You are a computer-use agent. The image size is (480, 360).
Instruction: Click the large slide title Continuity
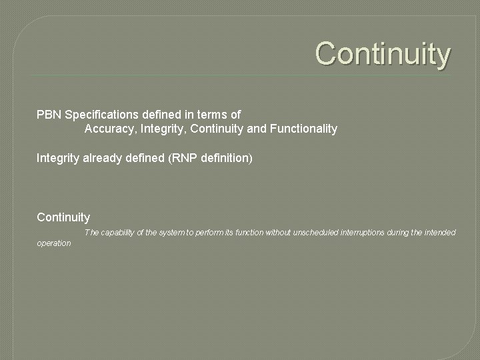[383, 54]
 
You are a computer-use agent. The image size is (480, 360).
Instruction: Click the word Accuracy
[111, 129]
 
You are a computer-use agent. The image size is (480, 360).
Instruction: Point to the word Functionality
[303, 129]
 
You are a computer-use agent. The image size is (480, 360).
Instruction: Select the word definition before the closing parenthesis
[223, 159]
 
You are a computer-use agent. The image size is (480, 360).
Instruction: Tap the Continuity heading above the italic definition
[63, 217]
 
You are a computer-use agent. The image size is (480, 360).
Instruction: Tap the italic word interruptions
[363, 233]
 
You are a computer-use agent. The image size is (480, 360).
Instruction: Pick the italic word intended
[440, 233]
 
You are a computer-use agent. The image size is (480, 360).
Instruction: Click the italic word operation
[53, 243]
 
